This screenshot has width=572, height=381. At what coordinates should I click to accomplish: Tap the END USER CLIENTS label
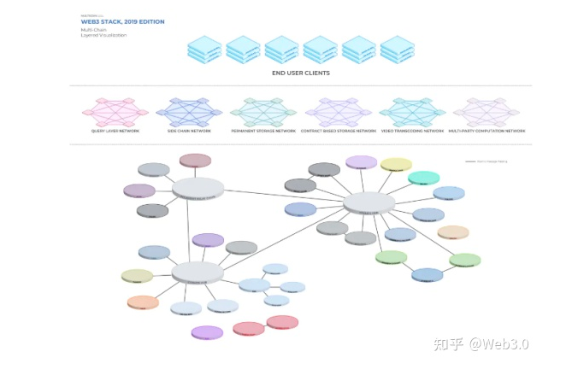(300, 73)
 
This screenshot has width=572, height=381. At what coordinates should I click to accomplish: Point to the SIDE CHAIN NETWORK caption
(189, 132)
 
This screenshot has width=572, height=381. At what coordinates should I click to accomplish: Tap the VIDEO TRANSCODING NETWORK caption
(412, 132)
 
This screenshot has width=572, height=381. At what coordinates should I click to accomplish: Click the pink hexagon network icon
(115, 112)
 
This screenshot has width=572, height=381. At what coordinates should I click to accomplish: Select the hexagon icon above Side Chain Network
(189, 112)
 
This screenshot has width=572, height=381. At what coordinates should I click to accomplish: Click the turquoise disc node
(423, 178)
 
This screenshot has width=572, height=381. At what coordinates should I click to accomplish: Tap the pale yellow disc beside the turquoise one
(396, 164)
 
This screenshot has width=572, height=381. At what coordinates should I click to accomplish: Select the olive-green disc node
(137, 276)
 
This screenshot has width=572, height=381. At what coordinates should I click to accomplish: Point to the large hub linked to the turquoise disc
(369, 202)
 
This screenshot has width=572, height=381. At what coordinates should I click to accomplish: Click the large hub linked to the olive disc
(198, 272)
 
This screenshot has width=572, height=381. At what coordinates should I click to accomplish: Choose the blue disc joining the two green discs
(428, 274)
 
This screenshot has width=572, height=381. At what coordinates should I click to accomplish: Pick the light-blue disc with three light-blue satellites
(254, 284)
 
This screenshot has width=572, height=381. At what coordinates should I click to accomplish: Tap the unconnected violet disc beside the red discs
(207, 331)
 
